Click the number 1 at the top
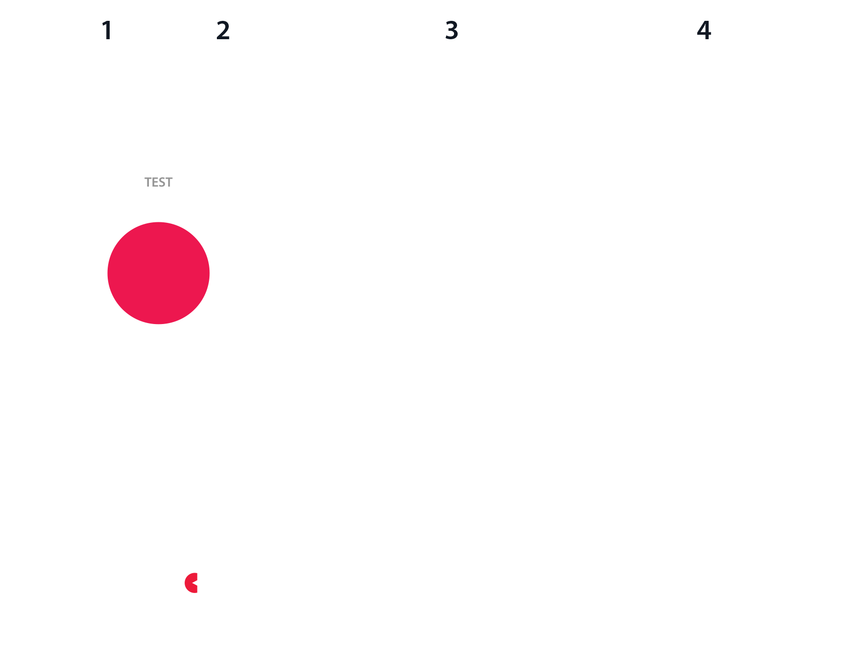pyautogui.click(x=107, y=30)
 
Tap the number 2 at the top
pyautogui.click(x=223, y=30)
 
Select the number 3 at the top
pyautogui.click(x=452, y=30)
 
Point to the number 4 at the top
pyautogui.click(x=704, y=30)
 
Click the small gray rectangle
pyautogui.click(x=173, y=185)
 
